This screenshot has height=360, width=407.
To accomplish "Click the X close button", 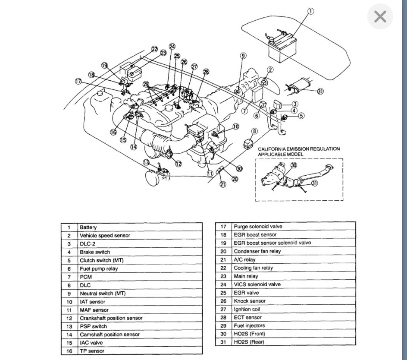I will point(380,17).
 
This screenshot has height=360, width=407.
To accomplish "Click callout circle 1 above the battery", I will point(311,11).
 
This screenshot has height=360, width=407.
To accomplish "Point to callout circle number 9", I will point(243,56).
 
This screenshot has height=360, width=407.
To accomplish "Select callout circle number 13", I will point(147,163).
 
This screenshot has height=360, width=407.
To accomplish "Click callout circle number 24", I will point(172,47).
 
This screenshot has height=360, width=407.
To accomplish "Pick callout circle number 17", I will point(78,81).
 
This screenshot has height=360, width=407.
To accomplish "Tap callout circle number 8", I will point(255,131).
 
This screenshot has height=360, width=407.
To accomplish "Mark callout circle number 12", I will point(178,164).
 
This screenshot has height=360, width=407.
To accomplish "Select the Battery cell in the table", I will point(88,227).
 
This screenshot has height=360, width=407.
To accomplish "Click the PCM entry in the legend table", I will point(86,277).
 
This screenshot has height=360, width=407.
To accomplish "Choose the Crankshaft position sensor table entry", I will point(111,318).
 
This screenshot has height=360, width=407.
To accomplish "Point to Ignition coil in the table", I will point(247,309).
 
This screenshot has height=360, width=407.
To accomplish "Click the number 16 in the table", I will point(69,351).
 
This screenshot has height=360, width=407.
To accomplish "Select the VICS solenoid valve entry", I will point(257,284).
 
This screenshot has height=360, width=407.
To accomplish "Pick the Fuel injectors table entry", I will point(249,325).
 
